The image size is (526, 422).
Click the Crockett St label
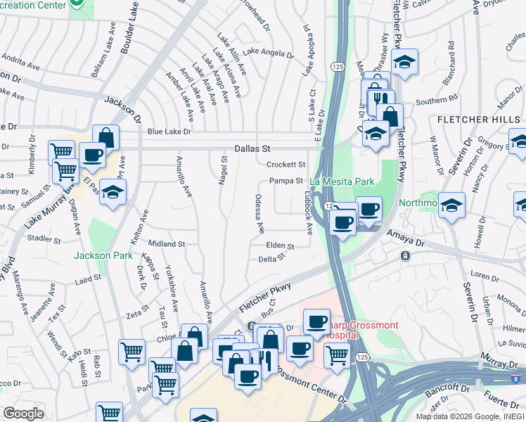(286, 165)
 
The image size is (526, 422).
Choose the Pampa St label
(286, 181)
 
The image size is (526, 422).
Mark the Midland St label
(167, 244)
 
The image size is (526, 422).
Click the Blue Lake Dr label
(169, 132)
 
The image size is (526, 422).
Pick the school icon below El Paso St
(113, 193)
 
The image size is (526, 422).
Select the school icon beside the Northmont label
(452, 205)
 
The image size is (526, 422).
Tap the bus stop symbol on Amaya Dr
(406, 255)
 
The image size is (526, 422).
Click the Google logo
(23, 414)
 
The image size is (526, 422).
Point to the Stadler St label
(45, 239)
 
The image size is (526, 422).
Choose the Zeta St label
(139, 308)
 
